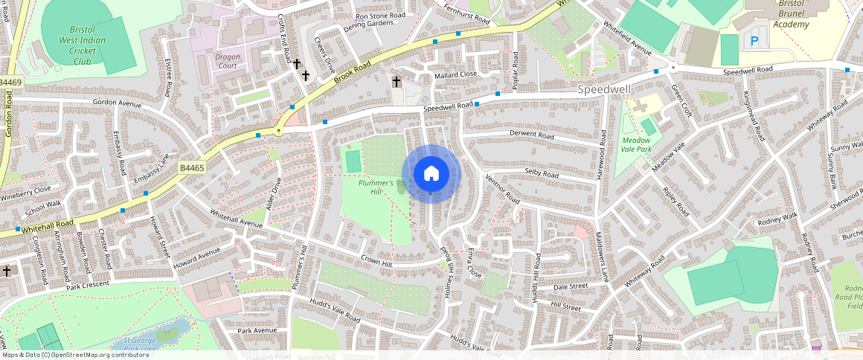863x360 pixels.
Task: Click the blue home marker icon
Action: [x=431, y=174]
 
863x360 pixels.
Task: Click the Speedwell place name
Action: [x=603, y=89]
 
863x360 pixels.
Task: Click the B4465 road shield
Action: [x=191, y=170]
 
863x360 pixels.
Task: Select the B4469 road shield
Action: [x=10, y=82]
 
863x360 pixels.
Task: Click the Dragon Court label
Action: [x=228, y=61]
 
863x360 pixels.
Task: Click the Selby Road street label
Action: [x=541, y=173]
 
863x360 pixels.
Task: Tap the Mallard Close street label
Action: [x=457, y=74]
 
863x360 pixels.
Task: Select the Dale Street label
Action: [x=571, y=286]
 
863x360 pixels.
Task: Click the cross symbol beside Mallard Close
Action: [x=397, y=81]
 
